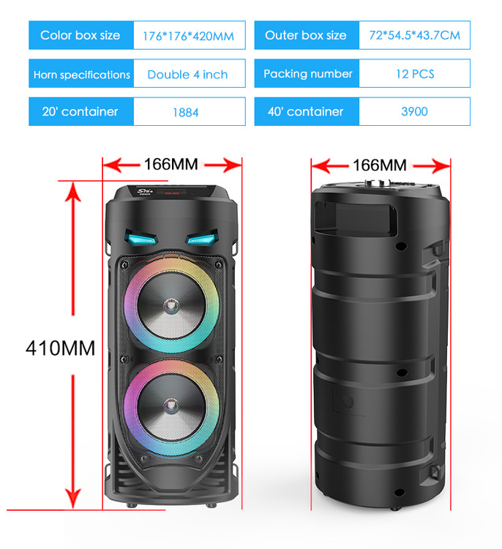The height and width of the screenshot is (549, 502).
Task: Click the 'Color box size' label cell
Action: pyautogui.click(x=81, y=35)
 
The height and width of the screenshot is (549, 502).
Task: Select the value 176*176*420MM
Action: pyautogui.click(x=188, y=36)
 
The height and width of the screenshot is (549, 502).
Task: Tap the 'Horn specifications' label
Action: pyautogui.click(x=81, y=74)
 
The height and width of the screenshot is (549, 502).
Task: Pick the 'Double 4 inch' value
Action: pyautogui.click(x=187, y=74)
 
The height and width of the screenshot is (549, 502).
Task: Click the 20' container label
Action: pyautogui.click(x=80, y=111)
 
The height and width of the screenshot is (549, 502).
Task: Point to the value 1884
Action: pyautogui.click(x=186, y=113)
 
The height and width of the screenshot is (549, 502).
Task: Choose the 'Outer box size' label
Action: pyautogui.click(x=307, y=35)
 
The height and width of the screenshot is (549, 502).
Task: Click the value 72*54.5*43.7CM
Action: pyautogui.click(x=415, y=35)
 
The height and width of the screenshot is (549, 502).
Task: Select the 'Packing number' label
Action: pyautogui.click(x=307, y=73)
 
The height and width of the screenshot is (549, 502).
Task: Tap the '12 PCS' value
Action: pyautogui.click(x=415, y=74)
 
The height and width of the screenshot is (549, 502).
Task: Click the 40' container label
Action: pyautogui.click(x=306, y=111)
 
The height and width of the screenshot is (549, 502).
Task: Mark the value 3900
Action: pyautogui.click(x=414, y=111)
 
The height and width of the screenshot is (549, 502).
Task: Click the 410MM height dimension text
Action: pyautogui.click(x=60, y=348)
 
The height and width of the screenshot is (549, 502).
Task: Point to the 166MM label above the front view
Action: pyautogui.click(x=171, y=164)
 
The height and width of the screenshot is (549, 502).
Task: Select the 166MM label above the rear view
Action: pyautogui.click(x=380, y=165)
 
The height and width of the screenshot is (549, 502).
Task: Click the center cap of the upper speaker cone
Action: pyautogui.click(x=171, y=306)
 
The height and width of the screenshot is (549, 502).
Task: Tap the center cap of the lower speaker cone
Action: pyautogui.click(x=171, y=406)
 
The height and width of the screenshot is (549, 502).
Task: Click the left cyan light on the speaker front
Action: pyautogui.click(x=141, y=238)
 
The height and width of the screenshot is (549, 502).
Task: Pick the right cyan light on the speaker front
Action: pyautogui.click(x=203, y=238)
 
